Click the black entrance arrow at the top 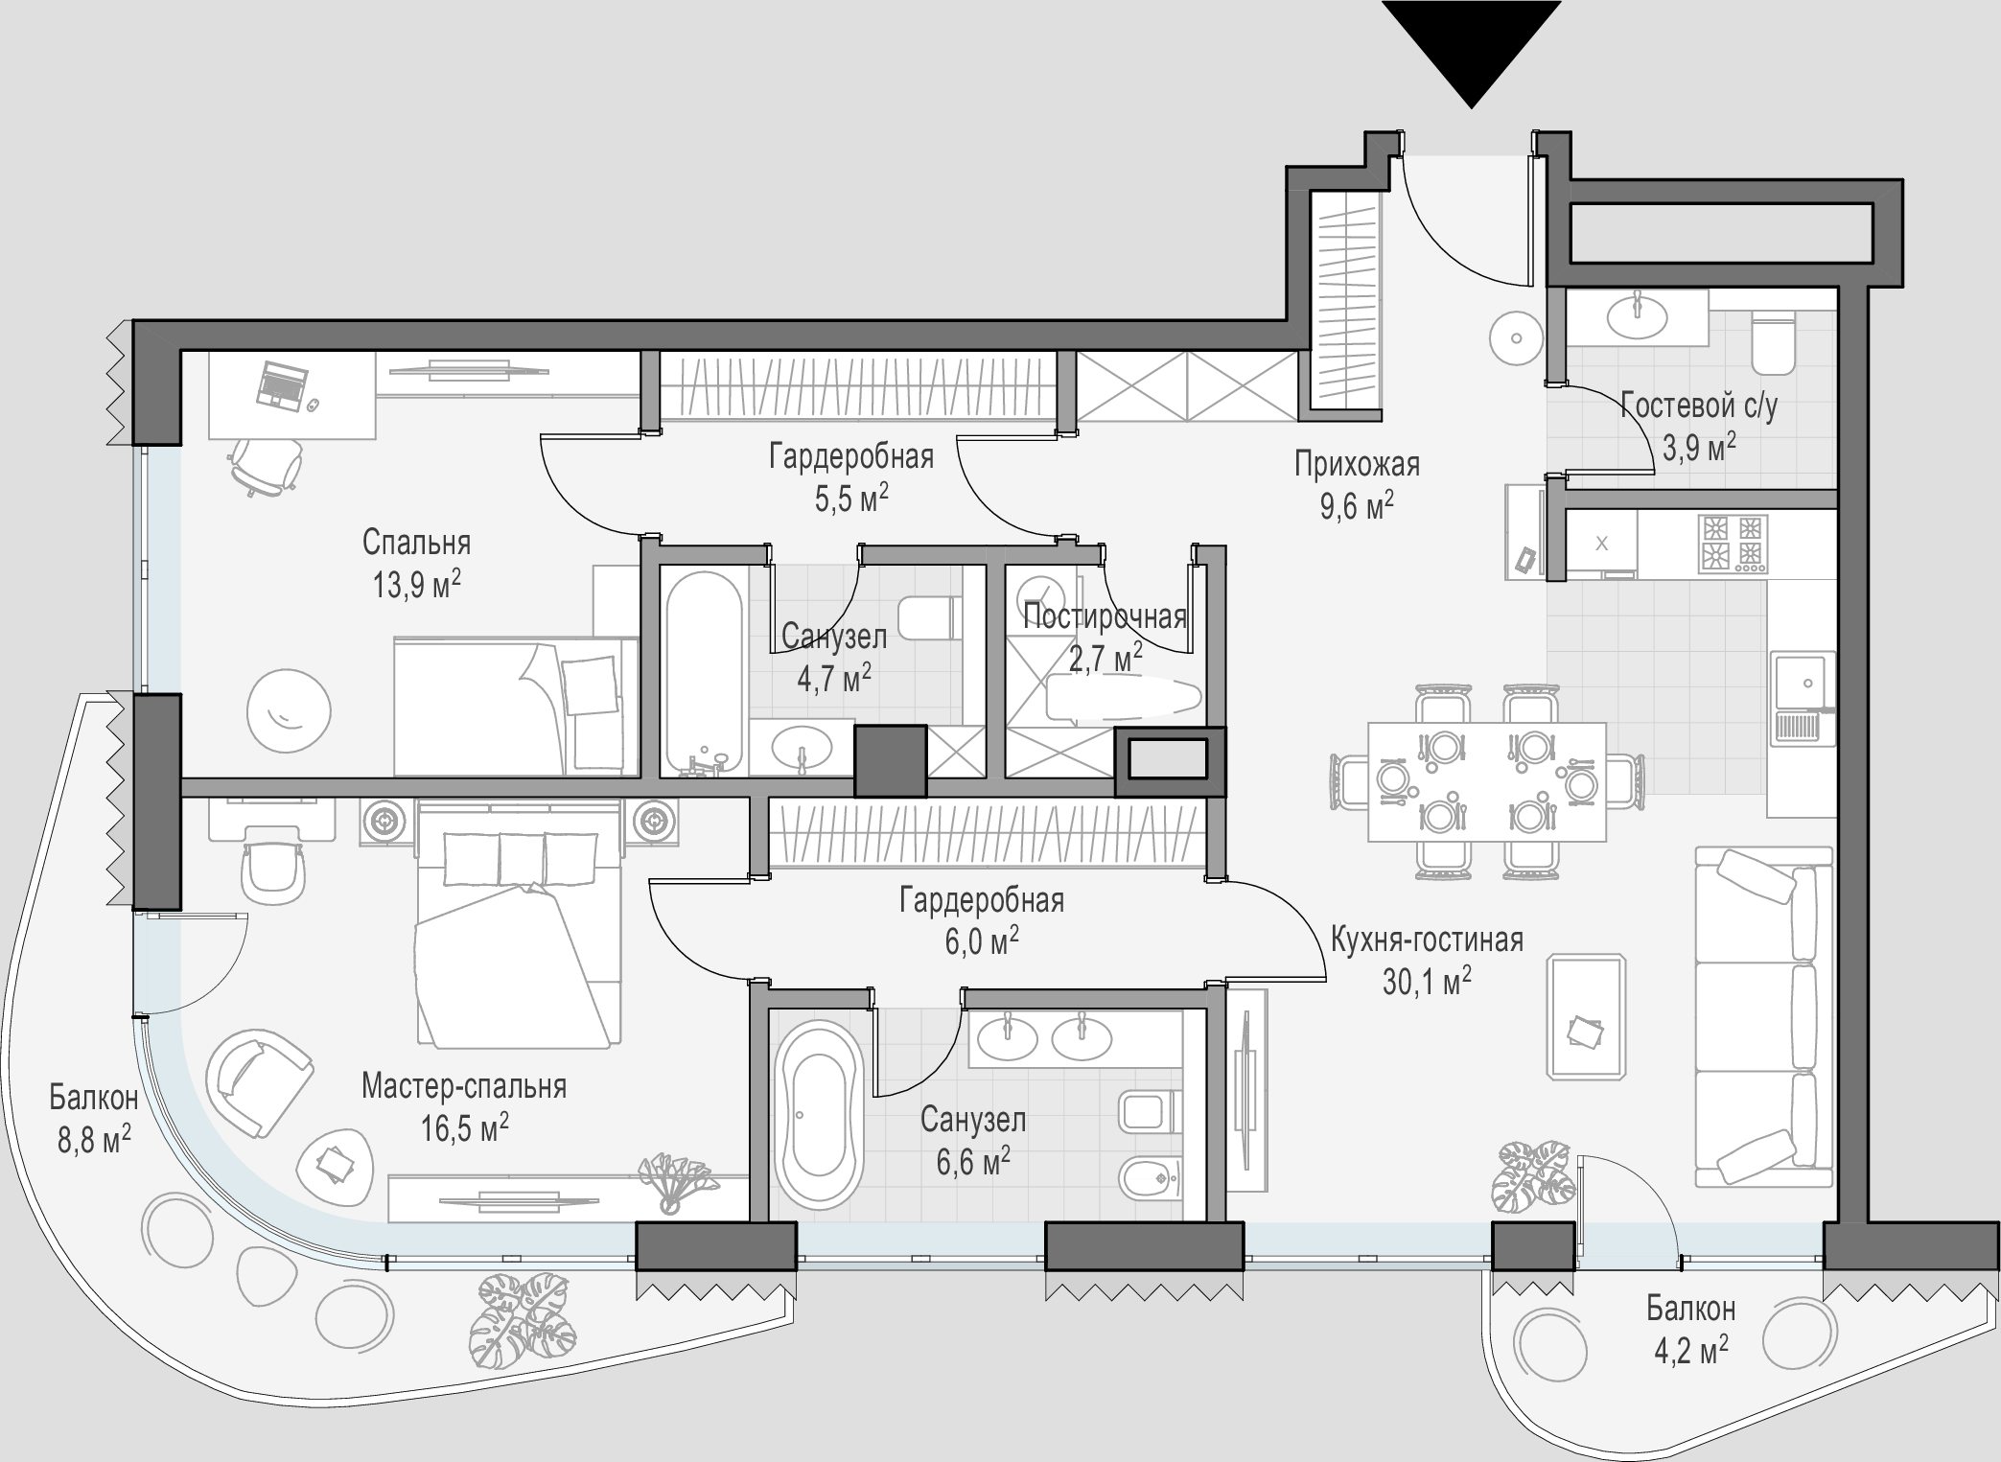tap(1471, 48)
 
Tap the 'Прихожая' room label tap(1357, 464)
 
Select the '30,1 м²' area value tap(1427, 981)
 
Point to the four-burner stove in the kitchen tap(1733, 544)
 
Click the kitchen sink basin tap(1803, 683)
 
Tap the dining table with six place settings tap(1487, 781)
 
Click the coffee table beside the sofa tap(1586, 1015)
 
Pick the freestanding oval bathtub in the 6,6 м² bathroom tap(818, 1114)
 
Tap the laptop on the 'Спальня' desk tap(281, 385)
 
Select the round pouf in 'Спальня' tap(289, 711)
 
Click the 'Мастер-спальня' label tap(464, 1085)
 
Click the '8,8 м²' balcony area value tap(94, 1140)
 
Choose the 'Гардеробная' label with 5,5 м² tap(851, 456)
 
